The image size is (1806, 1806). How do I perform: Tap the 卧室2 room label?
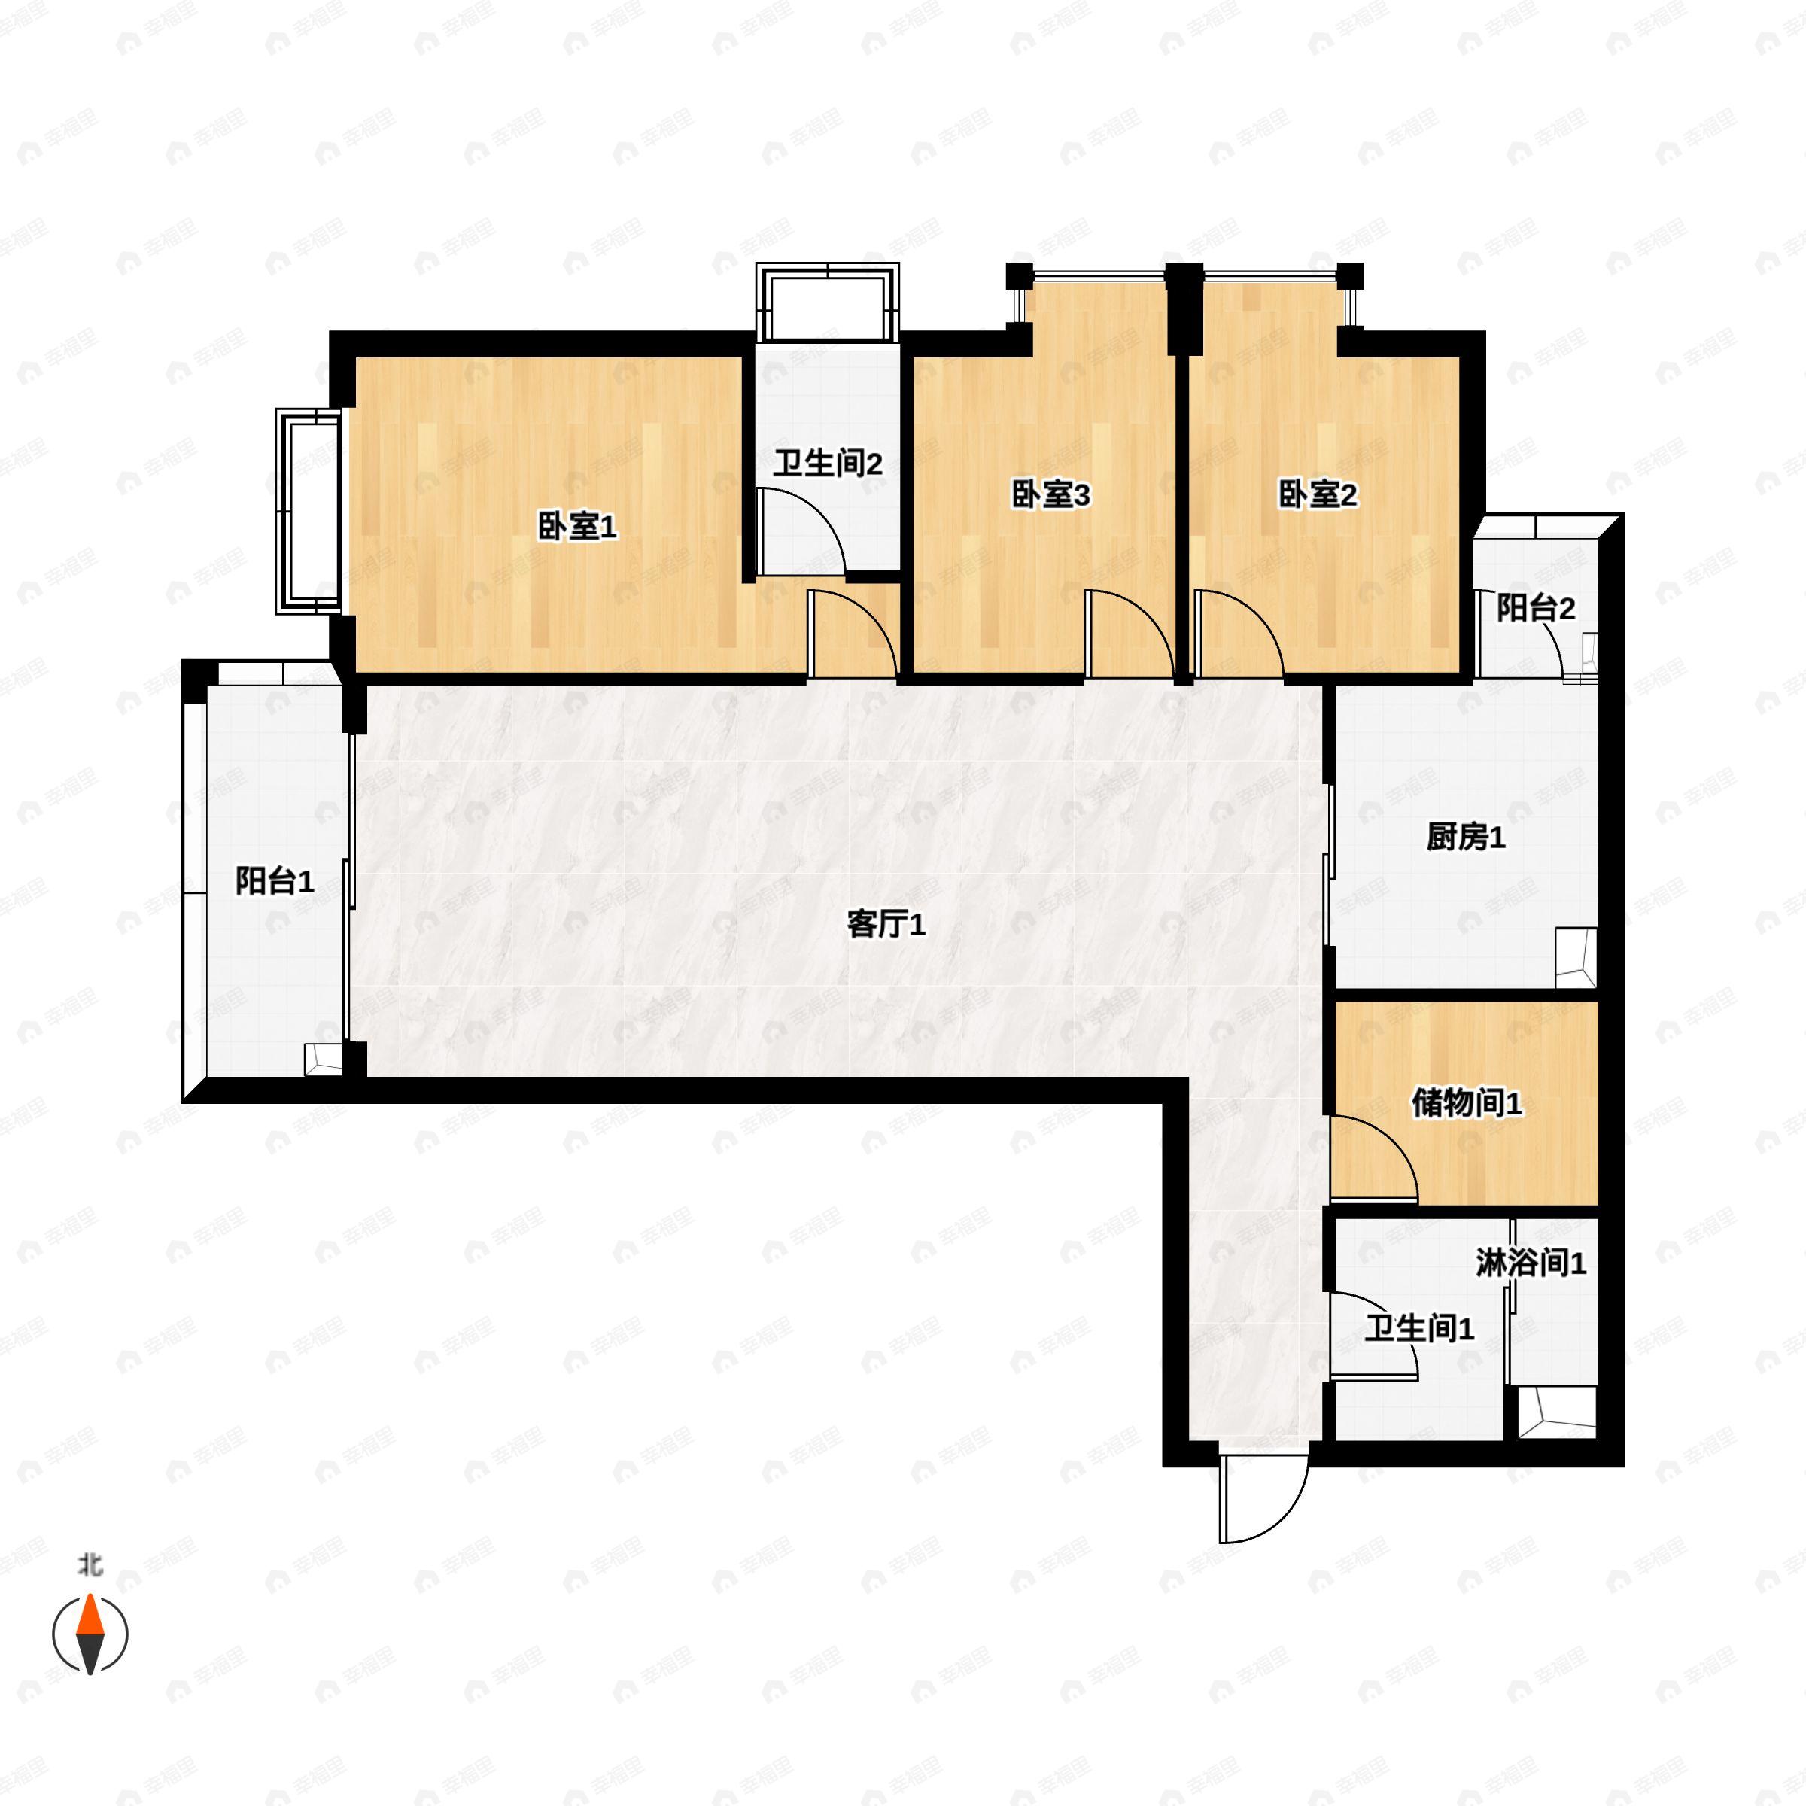[1317, 494]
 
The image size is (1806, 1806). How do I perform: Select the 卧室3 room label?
[1050, 494]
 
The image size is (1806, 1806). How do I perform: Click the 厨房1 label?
[1466, 837]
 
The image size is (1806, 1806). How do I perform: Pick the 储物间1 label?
[1467, 1103]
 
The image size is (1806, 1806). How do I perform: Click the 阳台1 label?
[274, 880]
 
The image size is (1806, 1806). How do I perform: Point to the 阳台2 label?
[1536, 609]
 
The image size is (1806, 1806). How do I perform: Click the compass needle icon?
[90, 1634]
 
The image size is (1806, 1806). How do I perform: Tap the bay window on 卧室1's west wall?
[309, 512]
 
